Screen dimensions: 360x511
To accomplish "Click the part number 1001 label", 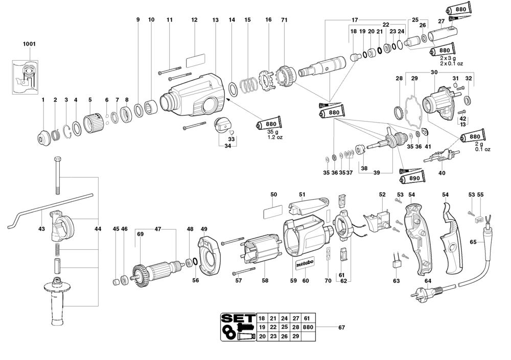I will [x=29, y=44].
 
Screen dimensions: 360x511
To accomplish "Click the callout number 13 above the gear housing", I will [x=215, y=19].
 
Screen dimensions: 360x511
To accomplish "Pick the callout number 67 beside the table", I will [x=342, y=327].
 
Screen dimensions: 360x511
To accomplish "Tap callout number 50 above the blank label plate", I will [x=273, y=195].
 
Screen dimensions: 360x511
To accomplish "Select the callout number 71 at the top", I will [x=284, y=19].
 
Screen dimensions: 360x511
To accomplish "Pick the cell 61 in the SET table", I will [x=307, y=318].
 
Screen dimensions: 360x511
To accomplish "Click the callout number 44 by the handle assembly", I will [x=98, y=229].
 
